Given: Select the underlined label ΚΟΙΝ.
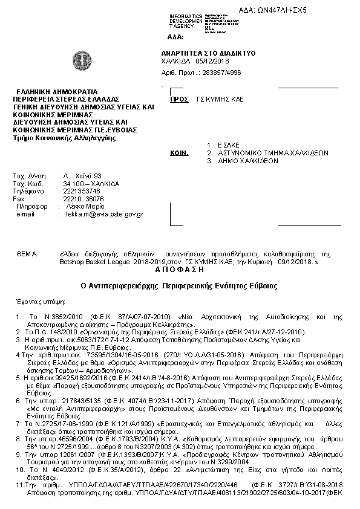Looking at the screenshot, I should (177, 154).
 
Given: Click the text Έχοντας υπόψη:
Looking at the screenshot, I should (34, 300).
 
